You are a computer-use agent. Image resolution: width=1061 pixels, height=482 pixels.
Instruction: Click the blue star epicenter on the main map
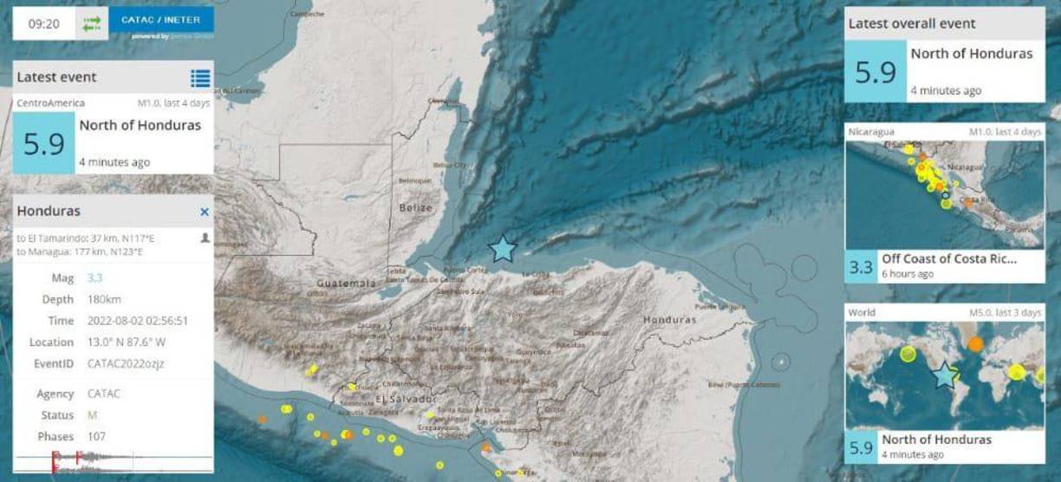503,250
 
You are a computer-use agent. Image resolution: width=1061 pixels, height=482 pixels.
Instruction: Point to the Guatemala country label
346,283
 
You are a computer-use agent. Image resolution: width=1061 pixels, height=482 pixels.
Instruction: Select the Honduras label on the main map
669,320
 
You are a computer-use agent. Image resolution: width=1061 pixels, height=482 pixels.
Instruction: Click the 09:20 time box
43,24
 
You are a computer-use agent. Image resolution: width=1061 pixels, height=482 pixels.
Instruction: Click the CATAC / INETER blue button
161,19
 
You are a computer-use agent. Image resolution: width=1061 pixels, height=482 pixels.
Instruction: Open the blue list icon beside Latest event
200,78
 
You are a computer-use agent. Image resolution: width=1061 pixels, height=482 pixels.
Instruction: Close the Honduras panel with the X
205,212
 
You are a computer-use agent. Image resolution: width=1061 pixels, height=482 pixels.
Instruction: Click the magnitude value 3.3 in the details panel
94,278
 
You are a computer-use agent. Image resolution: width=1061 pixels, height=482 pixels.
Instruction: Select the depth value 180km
102,299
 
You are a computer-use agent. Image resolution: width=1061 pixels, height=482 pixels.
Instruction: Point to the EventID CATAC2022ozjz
125,363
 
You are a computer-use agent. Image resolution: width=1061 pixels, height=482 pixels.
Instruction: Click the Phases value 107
97,436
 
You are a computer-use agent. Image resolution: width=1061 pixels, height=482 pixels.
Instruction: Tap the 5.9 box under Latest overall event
875,71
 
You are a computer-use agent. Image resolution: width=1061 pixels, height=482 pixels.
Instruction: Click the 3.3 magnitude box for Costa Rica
861,266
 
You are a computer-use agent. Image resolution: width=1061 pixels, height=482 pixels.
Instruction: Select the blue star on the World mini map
945,376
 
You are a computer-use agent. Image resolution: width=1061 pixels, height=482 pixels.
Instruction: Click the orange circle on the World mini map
975,343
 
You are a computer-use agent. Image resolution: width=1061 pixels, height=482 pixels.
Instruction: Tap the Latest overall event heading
912,23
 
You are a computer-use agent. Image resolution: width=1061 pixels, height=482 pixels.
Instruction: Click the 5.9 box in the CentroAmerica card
44,144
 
